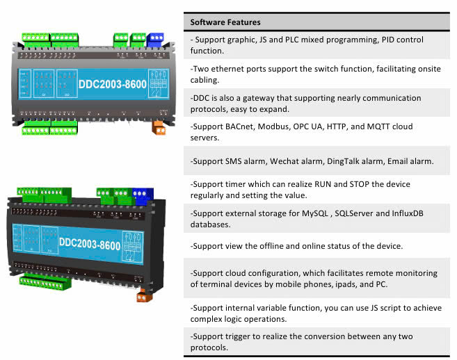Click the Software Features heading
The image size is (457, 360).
[x=225, y=22]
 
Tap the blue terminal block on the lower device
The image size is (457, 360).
[x=143, y=197]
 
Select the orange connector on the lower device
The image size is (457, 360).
[x=144, y=295]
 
